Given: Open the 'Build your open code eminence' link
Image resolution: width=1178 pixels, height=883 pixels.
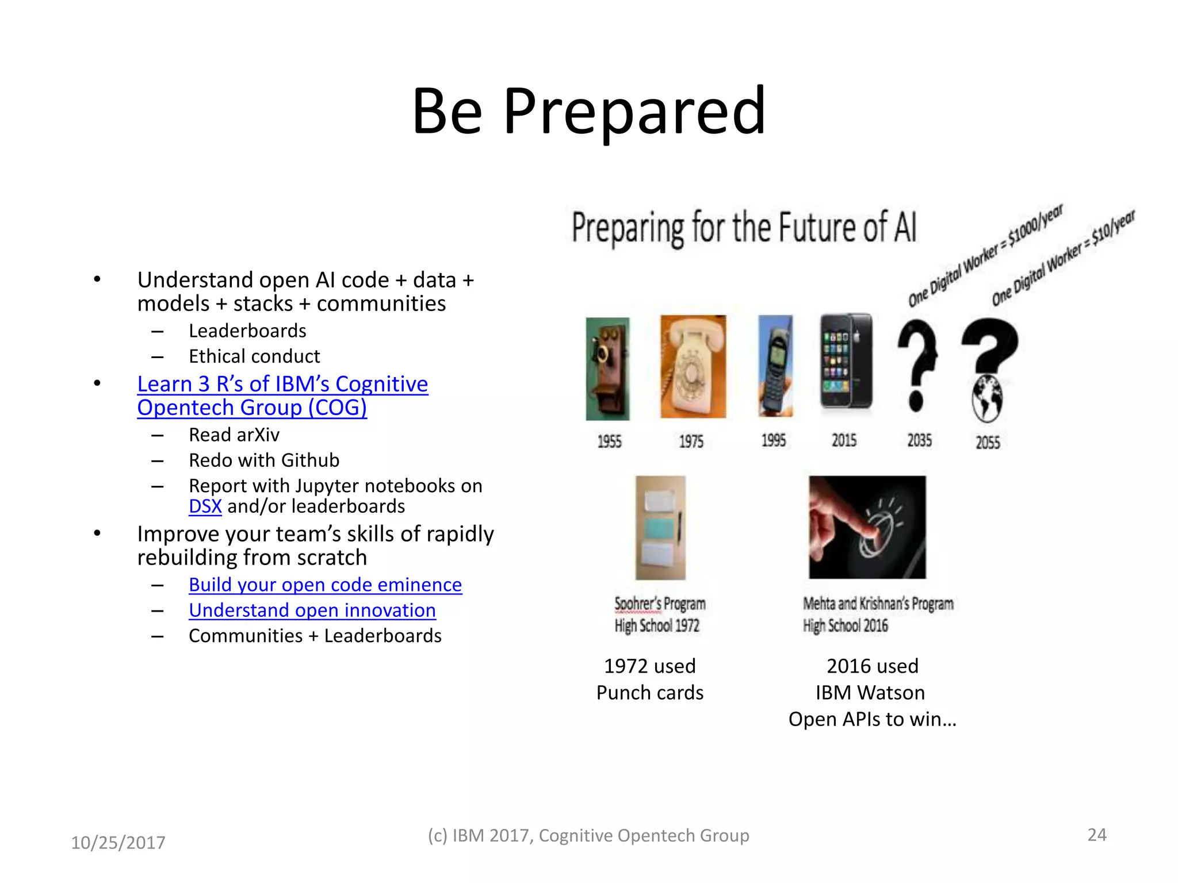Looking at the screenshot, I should coord(325,585).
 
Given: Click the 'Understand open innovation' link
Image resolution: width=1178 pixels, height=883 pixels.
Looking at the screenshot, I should coord(312,611).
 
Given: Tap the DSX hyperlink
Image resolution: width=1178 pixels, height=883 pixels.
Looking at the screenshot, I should coord(205,506).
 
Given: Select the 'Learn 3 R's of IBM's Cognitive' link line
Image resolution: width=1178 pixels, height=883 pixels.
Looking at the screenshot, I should coord(282,384).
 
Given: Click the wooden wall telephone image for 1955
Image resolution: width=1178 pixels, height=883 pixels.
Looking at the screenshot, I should coord(607,368).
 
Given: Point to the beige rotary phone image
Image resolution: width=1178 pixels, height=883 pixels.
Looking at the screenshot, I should coord(693,366).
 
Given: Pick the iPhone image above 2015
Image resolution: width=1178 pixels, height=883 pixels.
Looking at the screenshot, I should coord(846,360).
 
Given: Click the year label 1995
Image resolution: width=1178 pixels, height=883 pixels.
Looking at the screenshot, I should coord(773,441).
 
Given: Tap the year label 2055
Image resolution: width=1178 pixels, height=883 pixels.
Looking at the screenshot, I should coord(987,443).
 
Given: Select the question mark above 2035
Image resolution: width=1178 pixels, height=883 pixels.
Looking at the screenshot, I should coord(917,366).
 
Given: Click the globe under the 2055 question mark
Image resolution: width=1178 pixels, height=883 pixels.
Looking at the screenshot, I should coord(987,398).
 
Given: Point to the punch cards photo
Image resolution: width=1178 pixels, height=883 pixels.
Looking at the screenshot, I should coord(660,527).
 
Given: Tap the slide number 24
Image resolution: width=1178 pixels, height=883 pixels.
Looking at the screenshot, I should coord(1096,835).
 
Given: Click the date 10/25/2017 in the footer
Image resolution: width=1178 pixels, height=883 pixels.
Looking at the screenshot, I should coord(118,843).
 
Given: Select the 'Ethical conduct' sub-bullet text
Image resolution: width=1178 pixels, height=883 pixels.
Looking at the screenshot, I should coord(254,356).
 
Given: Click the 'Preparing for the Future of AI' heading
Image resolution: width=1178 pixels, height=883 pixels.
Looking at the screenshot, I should coord(743,228).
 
